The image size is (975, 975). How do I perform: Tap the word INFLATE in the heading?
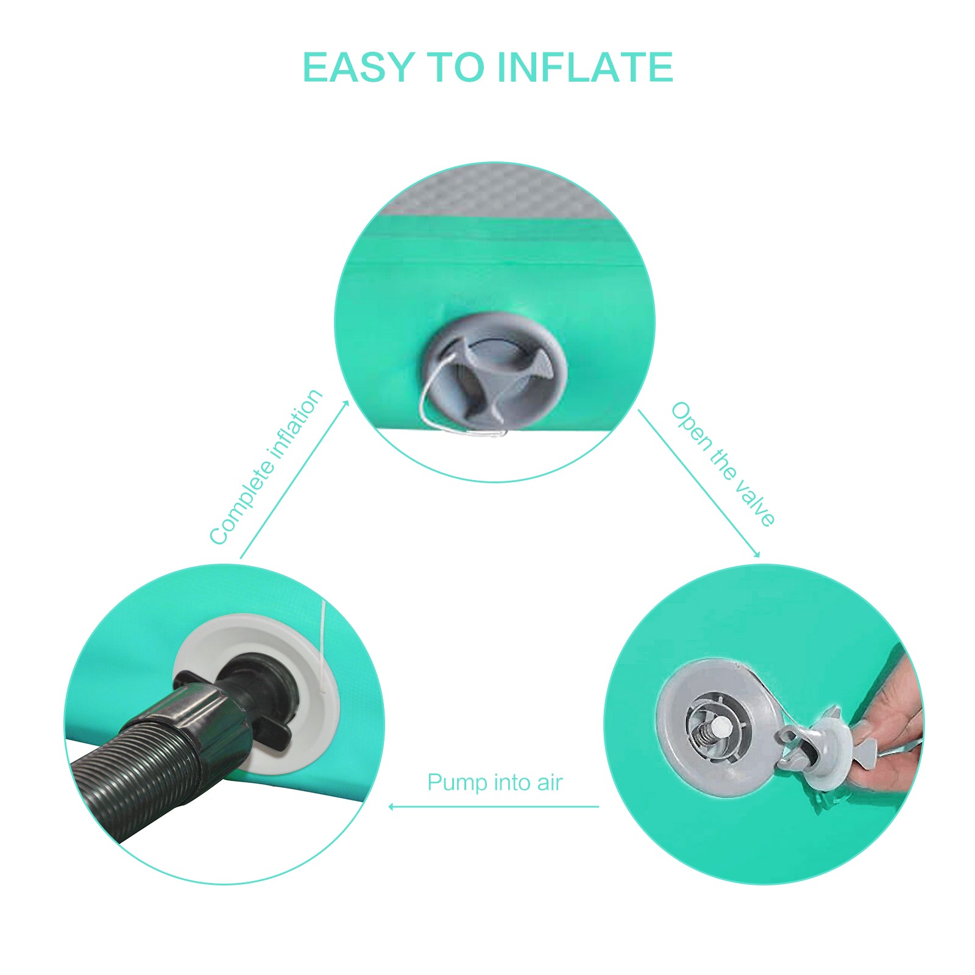click(586, 67)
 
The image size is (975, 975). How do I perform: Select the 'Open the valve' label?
click(723, 464)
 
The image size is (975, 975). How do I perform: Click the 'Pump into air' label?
click(495, 782)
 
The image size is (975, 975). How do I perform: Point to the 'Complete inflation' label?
click(266, 467)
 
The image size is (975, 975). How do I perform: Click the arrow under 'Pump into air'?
click(494, 807)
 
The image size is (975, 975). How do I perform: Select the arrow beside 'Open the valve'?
click(699, 483)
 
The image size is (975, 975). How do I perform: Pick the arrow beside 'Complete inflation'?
click(294, 479)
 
